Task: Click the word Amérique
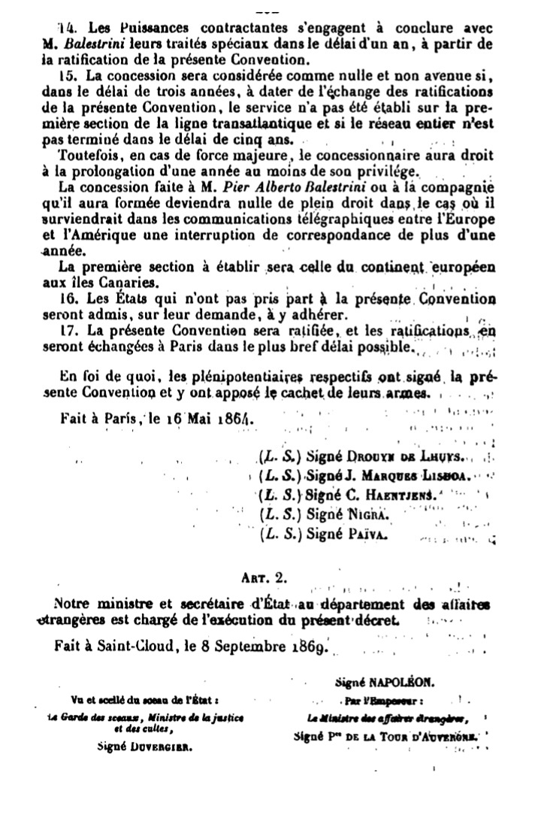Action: click(104, 237)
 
